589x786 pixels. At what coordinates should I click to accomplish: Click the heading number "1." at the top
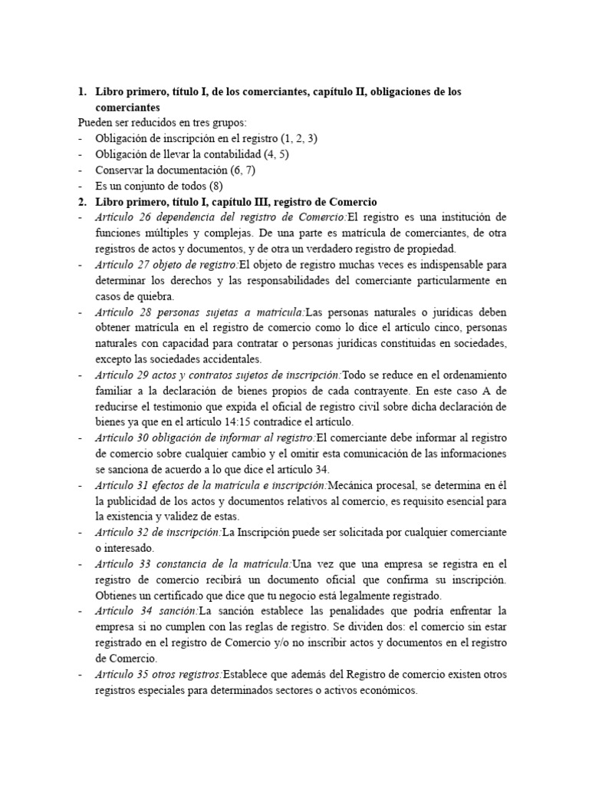point(82,92)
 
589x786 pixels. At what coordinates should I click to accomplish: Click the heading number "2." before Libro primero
point(82,202)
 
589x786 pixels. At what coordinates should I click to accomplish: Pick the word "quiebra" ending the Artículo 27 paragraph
point(156,296)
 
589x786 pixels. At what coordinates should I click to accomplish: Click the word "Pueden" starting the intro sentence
point(96,123)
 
